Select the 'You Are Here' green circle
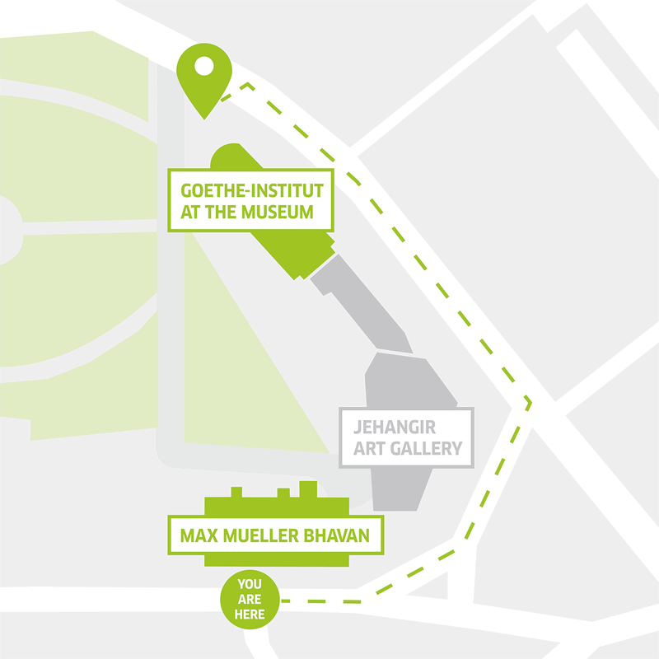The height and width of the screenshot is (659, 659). pyautogui.click(x=250, y=599)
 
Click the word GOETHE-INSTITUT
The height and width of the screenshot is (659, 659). pyautogui.click(x=250, y=190)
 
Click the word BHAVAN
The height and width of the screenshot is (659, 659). pyautogui.click(x=347, y=539)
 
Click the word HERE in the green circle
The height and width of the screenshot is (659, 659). pyautogui.click(x=250, y=614)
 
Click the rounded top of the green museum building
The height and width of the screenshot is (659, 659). pyautogui.click(x=230, y=156)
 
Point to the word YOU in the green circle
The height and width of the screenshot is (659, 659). pyautogui.click(x=250, y=584)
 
